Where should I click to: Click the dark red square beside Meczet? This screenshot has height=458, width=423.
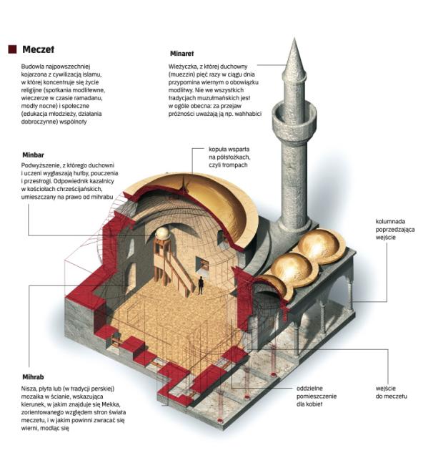13,49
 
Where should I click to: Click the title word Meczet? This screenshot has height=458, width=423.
38,49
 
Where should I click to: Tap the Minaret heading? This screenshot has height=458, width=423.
181,54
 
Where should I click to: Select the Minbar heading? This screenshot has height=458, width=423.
34,155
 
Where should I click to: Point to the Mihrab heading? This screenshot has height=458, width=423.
33,377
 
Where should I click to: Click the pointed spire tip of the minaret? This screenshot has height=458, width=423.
294,38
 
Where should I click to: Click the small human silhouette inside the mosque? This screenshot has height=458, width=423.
201,286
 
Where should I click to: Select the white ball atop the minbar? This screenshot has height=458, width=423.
162,233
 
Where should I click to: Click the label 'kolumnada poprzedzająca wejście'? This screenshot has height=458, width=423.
395,229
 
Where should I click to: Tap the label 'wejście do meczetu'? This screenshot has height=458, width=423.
391,392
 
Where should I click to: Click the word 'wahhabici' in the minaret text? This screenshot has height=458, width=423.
248,114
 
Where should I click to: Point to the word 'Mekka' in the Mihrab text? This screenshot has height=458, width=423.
109,404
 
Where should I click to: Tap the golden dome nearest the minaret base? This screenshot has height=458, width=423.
320,245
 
